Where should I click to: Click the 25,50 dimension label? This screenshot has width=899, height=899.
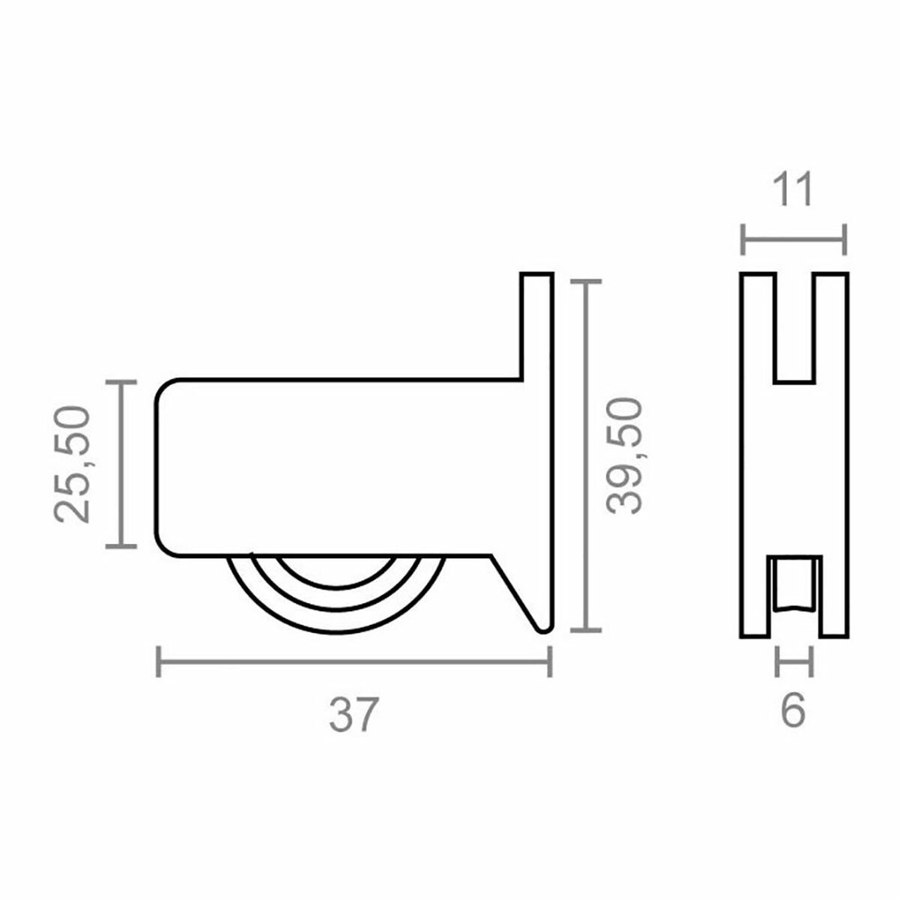pos(73,464)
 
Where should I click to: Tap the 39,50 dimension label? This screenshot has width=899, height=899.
pos(624,455)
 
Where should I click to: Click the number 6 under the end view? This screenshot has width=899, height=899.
pos(793,712)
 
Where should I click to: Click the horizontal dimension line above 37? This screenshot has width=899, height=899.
pos(354,662)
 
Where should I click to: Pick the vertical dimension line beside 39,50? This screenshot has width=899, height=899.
pos(585,455)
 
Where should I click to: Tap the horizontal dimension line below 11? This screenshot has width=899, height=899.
pos(793,240)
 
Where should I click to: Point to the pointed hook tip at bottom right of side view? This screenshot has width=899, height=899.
pos(543,628)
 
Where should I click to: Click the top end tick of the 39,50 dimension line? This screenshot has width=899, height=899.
pos(585,282)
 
